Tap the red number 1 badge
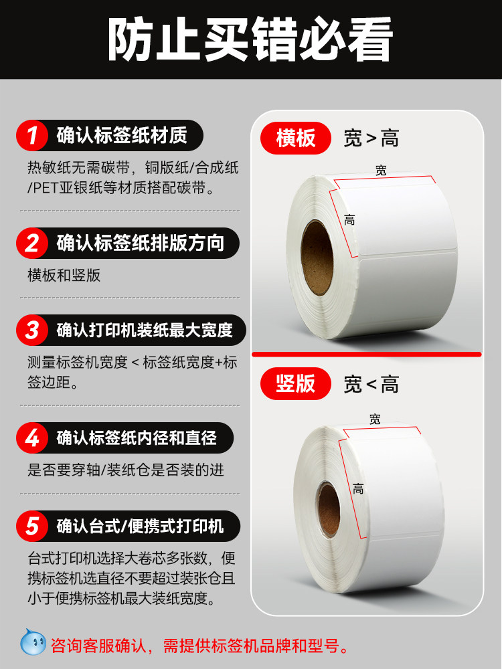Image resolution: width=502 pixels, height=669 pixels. click(x=32, y=136)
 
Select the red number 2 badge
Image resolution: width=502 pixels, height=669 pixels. click(x=32, y=243)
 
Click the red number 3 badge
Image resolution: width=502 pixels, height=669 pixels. click(x=32, y=330)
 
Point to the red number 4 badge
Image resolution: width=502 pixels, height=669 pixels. click(x=32, y=439)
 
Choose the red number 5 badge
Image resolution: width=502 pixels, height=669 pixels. click(x=32, y=526)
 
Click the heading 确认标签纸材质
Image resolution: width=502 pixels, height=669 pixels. click(x=122, y=136)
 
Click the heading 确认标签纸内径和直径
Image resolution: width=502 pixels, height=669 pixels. click(x=137, y=439)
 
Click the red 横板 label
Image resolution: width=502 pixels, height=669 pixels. click(x=296, y=138)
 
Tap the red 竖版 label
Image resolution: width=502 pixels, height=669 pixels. click(x=296, y=383)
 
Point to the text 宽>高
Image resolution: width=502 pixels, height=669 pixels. click(x=371, y=138)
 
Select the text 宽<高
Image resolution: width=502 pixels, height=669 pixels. click(x=371, y=384)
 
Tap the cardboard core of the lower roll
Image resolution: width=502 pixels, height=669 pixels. click(x=328, y=508)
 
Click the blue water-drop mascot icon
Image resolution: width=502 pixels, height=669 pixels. click(x=33, y=644)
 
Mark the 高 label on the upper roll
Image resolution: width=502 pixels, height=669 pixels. click(x=349, y=219)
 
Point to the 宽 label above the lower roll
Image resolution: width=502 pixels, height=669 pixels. click(x=375, y=419)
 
